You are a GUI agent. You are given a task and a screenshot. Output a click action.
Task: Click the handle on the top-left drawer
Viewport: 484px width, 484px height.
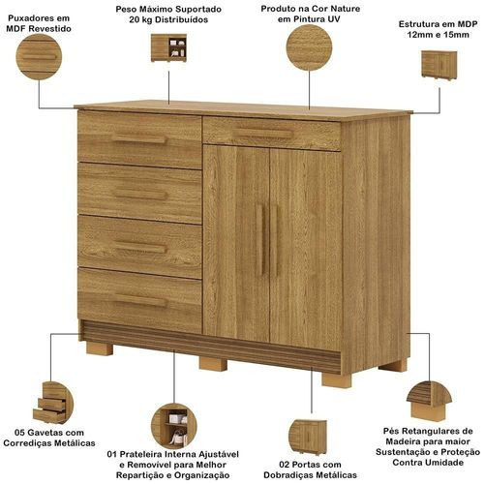[139, 138]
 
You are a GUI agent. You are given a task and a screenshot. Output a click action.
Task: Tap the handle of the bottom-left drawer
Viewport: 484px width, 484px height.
[140, 300]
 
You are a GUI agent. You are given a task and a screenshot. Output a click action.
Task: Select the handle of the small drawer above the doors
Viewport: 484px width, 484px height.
[263, 134]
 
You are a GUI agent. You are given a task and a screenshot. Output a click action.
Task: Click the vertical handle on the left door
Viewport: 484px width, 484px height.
[260, 239]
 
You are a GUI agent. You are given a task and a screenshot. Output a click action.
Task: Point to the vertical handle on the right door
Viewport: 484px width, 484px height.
[275, 240]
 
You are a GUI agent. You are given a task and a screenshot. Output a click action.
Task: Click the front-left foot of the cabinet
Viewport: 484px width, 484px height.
[99, 348]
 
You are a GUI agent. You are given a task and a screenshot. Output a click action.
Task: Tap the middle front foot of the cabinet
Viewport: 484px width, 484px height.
[213, 364]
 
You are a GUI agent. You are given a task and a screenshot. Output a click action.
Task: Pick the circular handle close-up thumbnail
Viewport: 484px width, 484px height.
[39, 57]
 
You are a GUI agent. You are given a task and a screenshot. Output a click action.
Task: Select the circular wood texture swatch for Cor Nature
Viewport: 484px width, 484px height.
[309, 47]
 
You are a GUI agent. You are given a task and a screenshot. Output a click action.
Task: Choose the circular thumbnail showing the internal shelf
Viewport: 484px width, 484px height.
[174, 426]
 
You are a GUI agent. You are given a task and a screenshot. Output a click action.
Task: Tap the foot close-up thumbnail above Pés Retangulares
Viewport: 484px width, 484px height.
[429, 401]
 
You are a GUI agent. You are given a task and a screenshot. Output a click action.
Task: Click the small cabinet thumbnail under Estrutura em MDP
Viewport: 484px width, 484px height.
[439, 65]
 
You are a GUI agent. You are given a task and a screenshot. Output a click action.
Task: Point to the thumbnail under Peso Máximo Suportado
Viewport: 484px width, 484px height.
[168, 47]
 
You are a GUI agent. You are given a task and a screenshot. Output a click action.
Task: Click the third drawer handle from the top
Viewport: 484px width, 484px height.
[140, 247]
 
